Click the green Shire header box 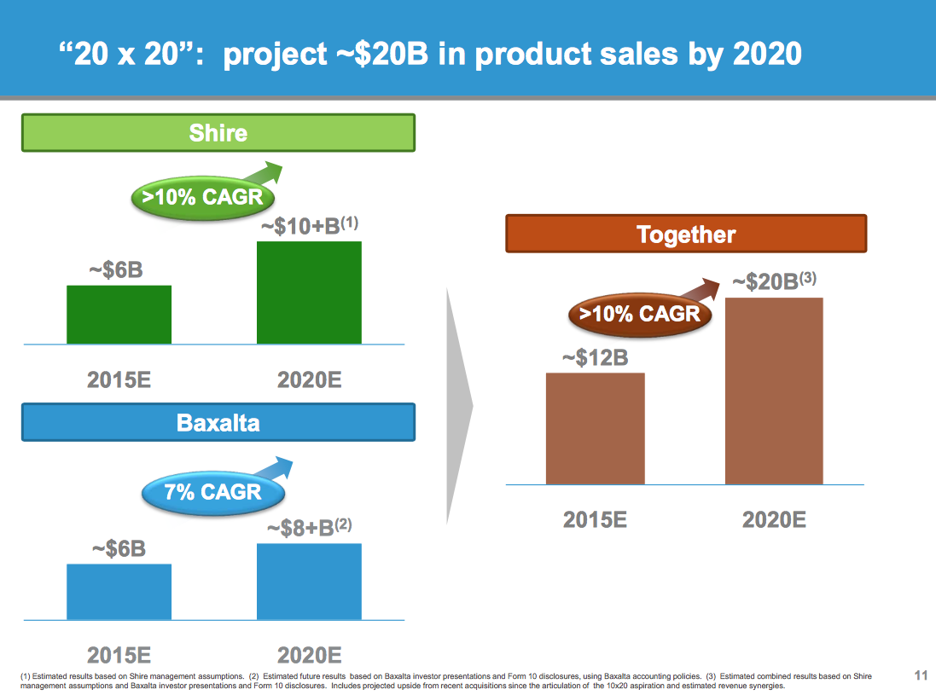(x=218, y=133)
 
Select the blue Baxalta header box (x=218, y=422)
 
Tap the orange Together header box (x=686, y=234)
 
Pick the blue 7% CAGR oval (x=212, y=491)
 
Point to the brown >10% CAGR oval (x=639, y=313)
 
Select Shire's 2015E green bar (x=119, y=315)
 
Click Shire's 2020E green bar (x=309, y=292)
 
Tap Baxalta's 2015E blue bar (x=119, y=591)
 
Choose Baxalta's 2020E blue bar (x=309, y=581)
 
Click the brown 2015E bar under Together (x=595, y=428)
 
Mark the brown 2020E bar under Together (x=774, y=391)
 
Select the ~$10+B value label (x=307, y=228)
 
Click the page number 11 (x=920, y=676)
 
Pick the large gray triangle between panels (x=458, y=405)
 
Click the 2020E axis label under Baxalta (x=309, y=655)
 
